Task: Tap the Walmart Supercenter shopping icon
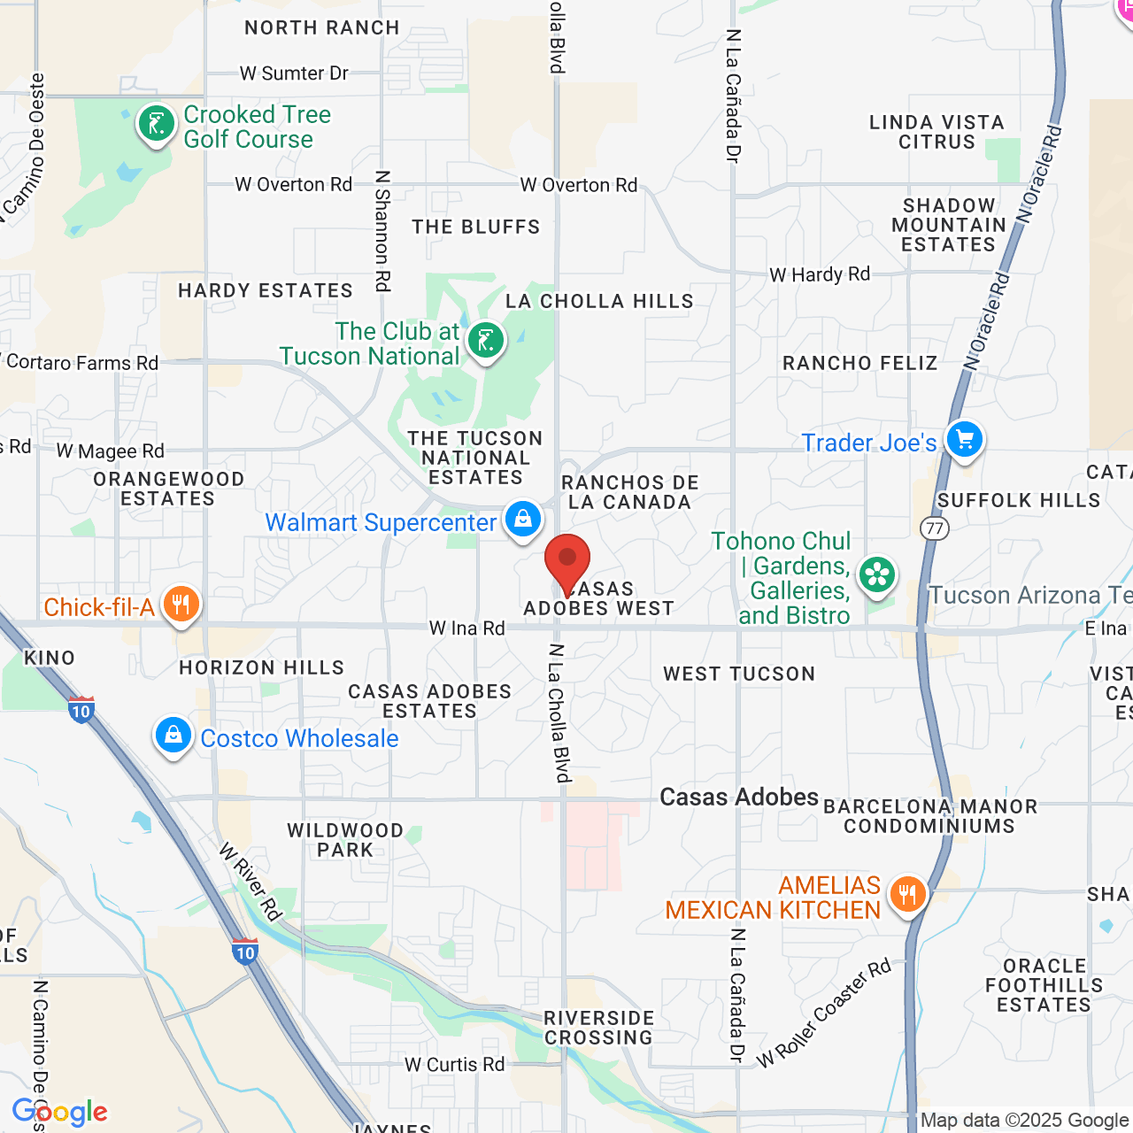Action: click(523, 520)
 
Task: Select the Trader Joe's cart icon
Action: click(964, 439)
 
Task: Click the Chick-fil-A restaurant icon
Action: click(181, 605)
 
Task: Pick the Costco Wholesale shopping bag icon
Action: click(173, 736)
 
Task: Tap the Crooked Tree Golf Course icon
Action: click(157, 125)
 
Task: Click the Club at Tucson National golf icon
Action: click(485, 340)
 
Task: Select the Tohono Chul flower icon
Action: click(877, 575)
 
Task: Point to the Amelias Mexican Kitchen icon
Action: click(906, 895)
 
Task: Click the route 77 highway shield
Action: click(935, 528)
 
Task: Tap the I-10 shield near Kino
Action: click(81, 709)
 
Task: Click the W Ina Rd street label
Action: click(466, 628)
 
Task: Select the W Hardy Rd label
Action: click(820, 274)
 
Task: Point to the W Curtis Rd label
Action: click(454, 1064)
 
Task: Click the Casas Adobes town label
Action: click(739, 797)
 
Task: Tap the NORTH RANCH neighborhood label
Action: click(322, 27)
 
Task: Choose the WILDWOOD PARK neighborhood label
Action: click(345, 840)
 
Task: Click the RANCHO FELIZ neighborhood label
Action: click(859, 363)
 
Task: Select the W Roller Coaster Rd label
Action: click(823, 1014)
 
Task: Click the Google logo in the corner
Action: click(60, 1113)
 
